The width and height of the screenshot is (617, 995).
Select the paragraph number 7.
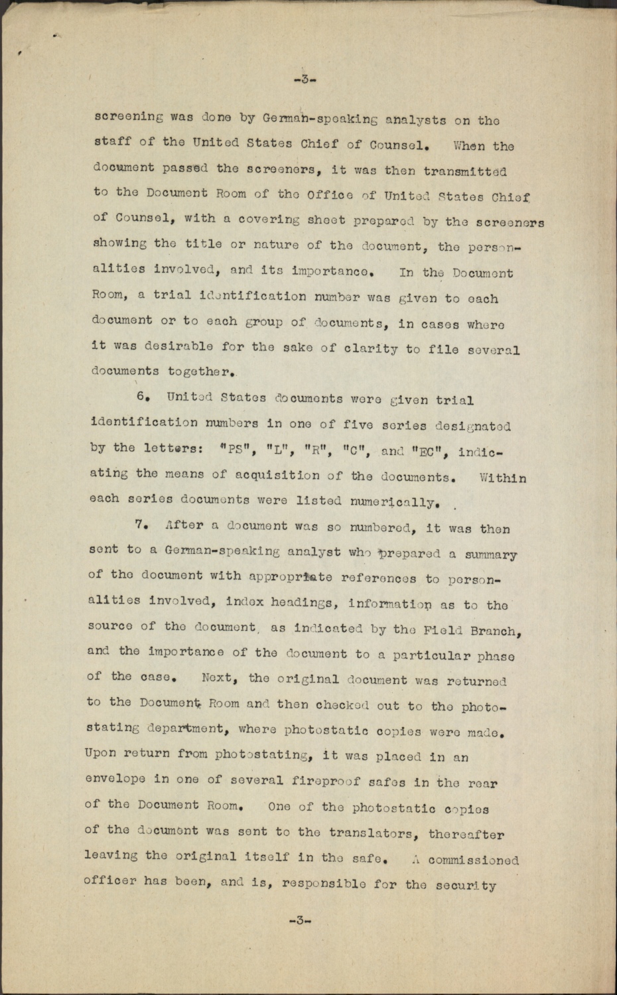click(140, 525)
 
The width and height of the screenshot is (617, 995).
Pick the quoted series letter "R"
click(314, 450)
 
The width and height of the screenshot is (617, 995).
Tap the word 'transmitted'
click(465, 171)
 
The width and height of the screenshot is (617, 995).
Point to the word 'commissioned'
click(473, 860)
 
